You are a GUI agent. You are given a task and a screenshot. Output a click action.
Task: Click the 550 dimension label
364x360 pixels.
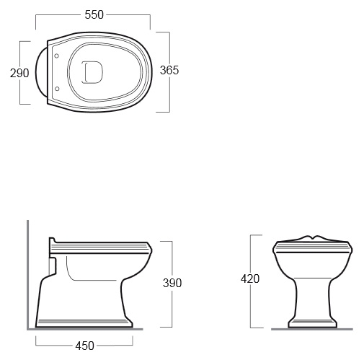pos(94,15)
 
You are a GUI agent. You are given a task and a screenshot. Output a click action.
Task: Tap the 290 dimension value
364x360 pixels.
pos(19,73)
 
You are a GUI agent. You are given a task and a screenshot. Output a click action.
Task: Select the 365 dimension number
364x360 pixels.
pos(169,70)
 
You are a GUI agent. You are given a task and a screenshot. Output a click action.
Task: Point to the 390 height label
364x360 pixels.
pos(172,283)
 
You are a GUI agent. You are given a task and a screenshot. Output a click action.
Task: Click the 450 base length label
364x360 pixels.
pos(84,346)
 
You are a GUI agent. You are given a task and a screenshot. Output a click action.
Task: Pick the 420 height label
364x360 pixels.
pos(250,279)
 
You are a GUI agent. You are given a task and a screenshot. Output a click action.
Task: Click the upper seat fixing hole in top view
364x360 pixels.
pos(57,56)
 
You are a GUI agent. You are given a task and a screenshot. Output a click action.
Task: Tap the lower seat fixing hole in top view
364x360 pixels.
pos(57,89)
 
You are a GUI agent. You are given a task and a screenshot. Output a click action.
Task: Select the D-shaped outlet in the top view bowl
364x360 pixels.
pos(92,72)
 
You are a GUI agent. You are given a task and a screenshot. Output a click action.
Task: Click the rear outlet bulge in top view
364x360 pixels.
pos(41,72)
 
